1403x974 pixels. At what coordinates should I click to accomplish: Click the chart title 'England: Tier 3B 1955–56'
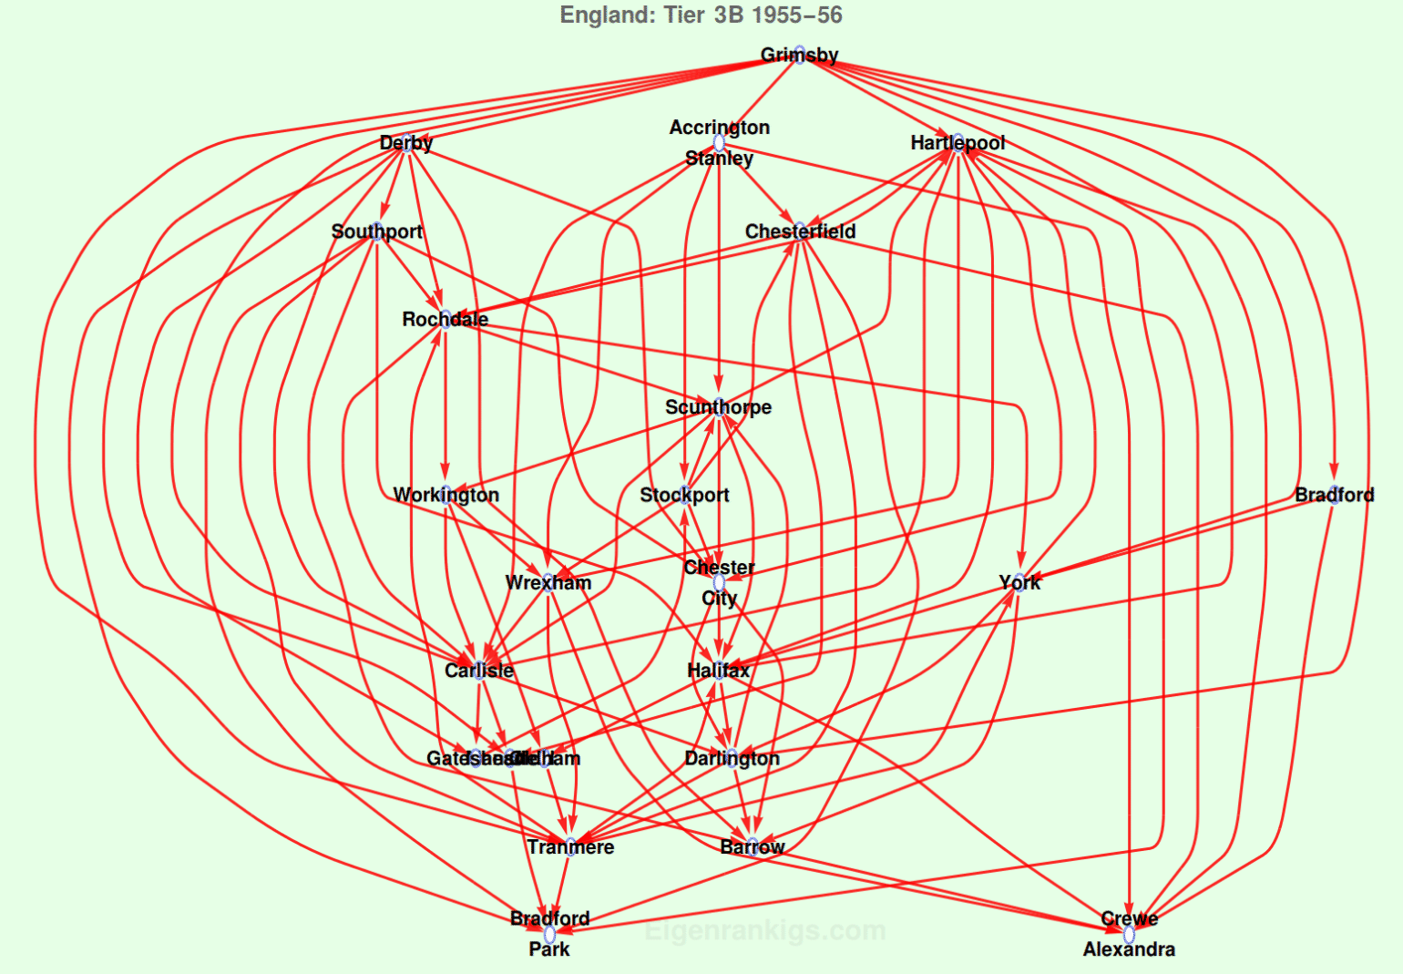point(701,15)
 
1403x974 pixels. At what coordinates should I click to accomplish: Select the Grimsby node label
point(799,55)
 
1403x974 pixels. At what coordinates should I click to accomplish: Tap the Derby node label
point(406,143)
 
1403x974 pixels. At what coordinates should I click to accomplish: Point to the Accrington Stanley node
point(719,142)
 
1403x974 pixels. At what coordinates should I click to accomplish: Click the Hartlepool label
point(958,143)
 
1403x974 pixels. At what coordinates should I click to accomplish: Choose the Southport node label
point(376,231)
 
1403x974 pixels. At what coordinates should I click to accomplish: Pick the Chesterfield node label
point(800,231)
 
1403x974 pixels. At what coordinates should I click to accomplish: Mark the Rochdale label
point(445,320)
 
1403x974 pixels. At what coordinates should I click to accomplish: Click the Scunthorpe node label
point(718,407)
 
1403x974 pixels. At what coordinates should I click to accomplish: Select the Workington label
point(445,495)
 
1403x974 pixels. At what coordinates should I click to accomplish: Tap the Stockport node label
point(684,495)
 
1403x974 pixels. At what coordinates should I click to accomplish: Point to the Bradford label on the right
point(1334,495)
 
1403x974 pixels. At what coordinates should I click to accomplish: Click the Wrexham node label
point(548,583)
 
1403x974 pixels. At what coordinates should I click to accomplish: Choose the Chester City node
point(719,583)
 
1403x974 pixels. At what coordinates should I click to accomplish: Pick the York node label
point(1019,583)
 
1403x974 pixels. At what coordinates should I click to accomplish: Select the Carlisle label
point(479,671)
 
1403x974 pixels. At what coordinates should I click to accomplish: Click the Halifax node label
point(719,671)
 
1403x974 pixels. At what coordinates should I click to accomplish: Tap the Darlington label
point(732,759)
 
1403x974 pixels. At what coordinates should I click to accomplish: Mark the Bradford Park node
point(549,934)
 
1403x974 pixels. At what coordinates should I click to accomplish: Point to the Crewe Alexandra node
point(1129,934)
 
